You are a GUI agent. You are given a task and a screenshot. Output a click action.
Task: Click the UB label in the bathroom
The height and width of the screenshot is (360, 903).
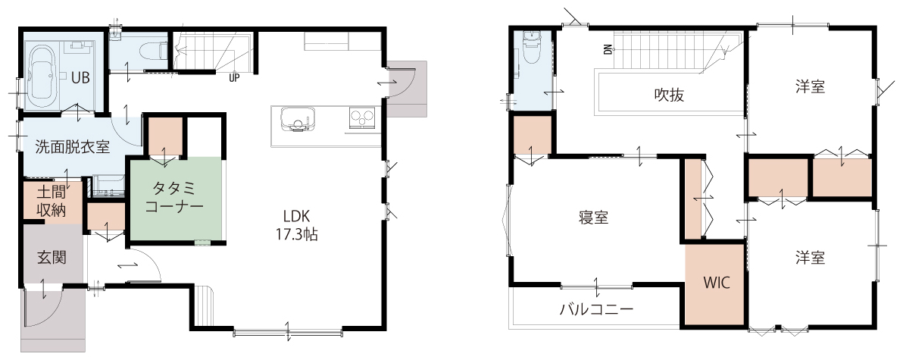click(x=80, y=78)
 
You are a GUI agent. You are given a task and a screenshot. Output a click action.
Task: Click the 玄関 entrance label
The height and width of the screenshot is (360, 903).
click(x=52, y=257)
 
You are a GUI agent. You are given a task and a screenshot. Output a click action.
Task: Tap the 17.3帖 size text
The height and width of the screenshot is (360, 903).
click(x=297, y=235)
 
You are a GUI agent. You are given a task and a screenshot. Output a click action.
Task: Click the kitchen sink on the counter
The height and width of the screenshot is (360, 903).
click(x=297, y=120)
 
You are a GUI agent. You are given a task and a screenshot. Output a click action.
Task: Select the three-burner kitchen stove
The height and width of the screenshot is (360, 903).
click(x=362, y=118)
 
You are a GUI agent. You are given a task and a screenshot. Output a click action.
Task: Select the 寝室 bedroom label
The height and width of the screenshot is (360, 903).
click(x=594, y=218)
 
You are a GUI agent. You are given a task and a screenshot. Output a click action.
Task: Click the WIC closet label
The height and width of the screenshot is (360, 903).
click(x=717, y=283)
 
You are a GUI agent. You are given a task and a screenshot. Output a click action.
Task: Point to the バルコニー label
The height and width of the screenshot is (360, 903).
click(x=597, y=309)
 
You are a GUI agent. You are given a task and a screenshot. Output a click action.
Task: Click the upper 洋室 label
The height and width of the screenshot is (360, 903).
click(x=811, y=87)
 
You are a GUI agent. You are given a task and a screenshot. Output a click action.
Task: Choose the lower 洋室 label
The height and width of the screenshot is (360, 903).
click(x=811, y=258)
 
